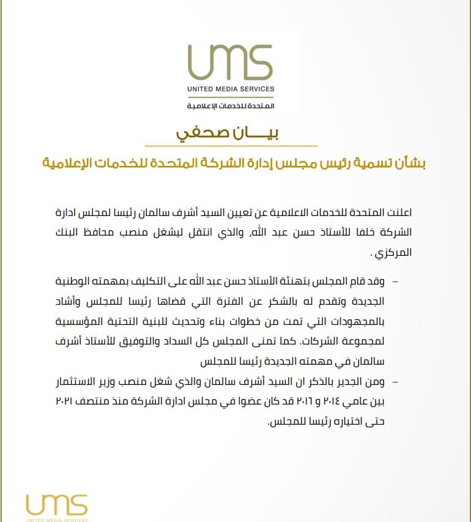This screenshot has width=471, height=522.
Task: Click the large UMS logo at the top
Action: pos(230,59)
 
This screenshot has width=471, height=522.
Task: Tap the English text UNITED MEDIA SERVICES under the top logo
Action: pos(231,89)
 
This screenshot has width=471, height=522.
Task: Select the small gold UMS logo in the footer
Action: pos(57,505)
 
